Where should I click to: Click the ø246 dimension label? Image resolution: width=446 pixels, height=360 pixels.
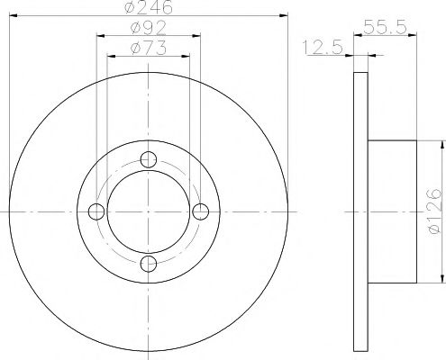(149, 8)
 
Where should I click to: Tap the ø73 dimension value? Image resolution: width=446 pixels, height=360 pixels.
(149, 47)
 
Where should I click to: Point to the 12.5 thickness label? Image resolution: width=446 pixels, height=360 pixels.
(322, 48)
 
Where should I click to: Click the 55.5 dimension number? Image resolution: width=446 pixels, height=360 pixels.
(386, 27)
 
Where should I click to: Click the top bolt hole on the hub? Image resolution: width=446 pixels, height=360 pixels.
(150, 162)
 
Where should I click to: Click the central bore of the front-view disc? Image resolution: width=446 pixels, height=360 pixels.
(150, 211)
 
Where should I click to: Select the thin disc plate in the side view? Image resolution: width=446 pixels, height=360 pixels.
(360, 211)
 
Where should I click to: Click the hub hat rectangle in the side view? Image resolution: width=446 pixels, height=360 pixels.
(393, 211)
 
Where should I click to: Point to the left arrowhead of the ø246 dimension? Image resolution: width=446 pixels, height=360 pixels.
(12, 16)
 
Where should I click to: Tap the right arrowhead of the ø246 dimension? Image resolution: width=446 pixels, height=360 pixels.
(287, 16)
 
